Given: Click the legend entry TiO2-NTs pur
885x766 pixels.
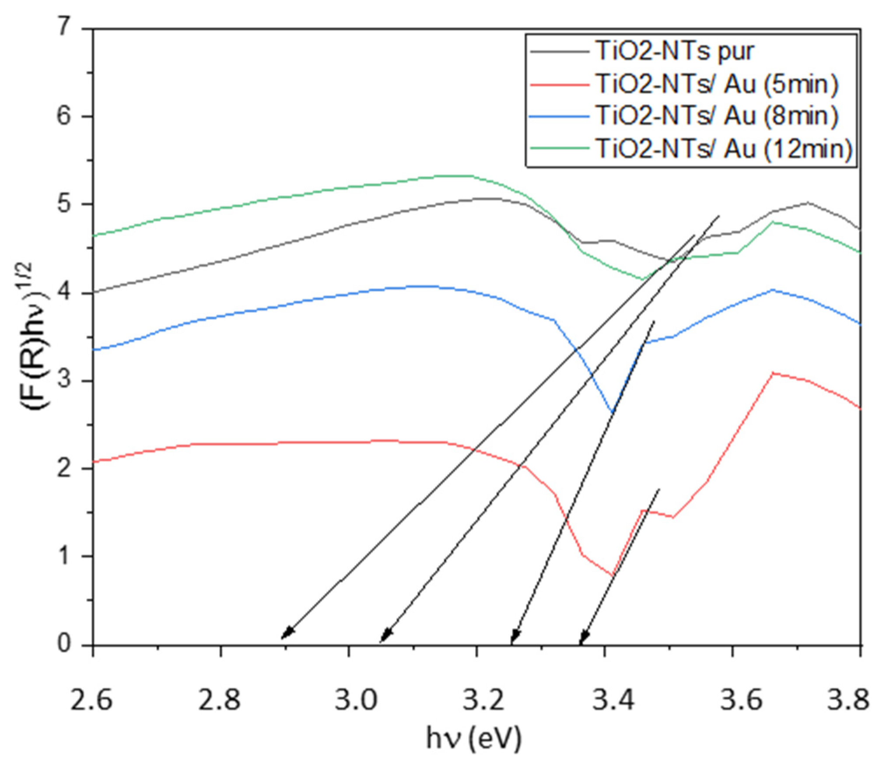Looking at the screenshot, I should coord(675,52).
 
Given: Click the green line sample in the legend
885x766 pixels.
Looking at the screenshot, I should coord(559,148).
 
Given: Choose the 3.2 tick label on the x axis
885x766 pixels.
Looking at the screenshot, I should coord(477,699).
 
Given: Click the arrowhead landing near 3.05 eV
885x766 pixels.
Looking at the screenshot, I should coord(385,635).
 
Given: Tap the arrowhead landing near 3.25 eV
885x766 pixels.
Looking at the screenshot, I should coord(515,636).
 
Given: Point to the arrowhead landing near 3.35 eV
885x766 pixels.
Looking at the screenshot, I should coord(583,637).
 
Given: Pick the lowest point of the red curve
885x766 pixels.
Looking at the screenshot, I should coord(613,575).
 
